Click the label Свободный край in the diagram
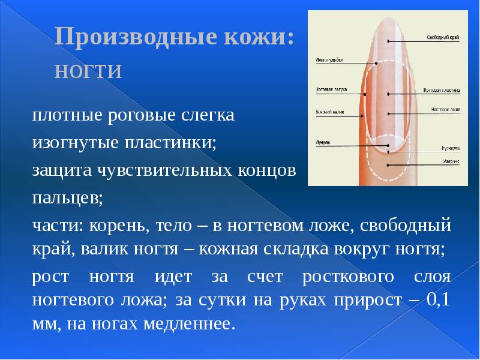click(x=443, y=38)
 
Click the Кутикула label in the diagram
click(x=451, y=147)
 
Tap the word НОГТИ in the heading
click(x=88, y=71)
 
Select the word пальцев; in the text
click(x=67, y=198)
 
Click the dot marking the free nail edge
click(x=389, y=41)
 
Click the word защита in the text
click(x=58, y=170)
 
